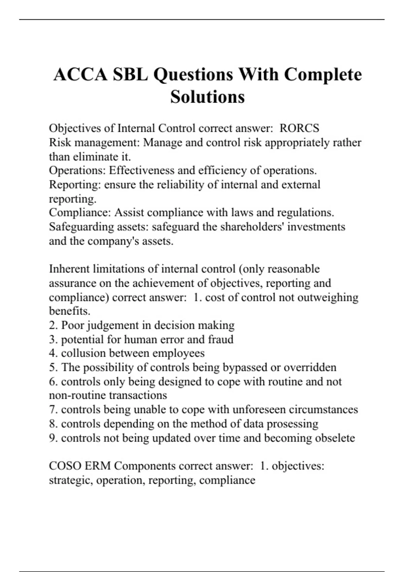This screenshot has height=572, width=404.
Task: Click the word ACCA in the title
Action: (80, 74)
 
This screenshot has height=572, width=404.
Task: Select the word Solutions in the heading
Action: (207, 97)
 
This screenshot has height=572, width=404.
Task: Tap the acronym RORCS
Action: (299, 128)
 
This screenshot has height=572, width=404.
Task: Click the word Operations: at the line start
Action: (77, 170)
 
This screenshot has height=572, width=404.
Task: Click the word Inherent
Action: (69, 269)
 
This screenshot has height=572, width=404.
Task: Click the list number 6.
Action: (53, 382)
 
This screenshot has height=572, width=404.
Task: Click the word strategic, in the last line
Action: (71, 480)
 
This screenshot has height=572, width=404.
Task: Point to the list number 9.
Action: (53, 438)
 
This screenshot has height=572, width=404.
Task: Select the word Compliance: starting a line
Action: (80, 213)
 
